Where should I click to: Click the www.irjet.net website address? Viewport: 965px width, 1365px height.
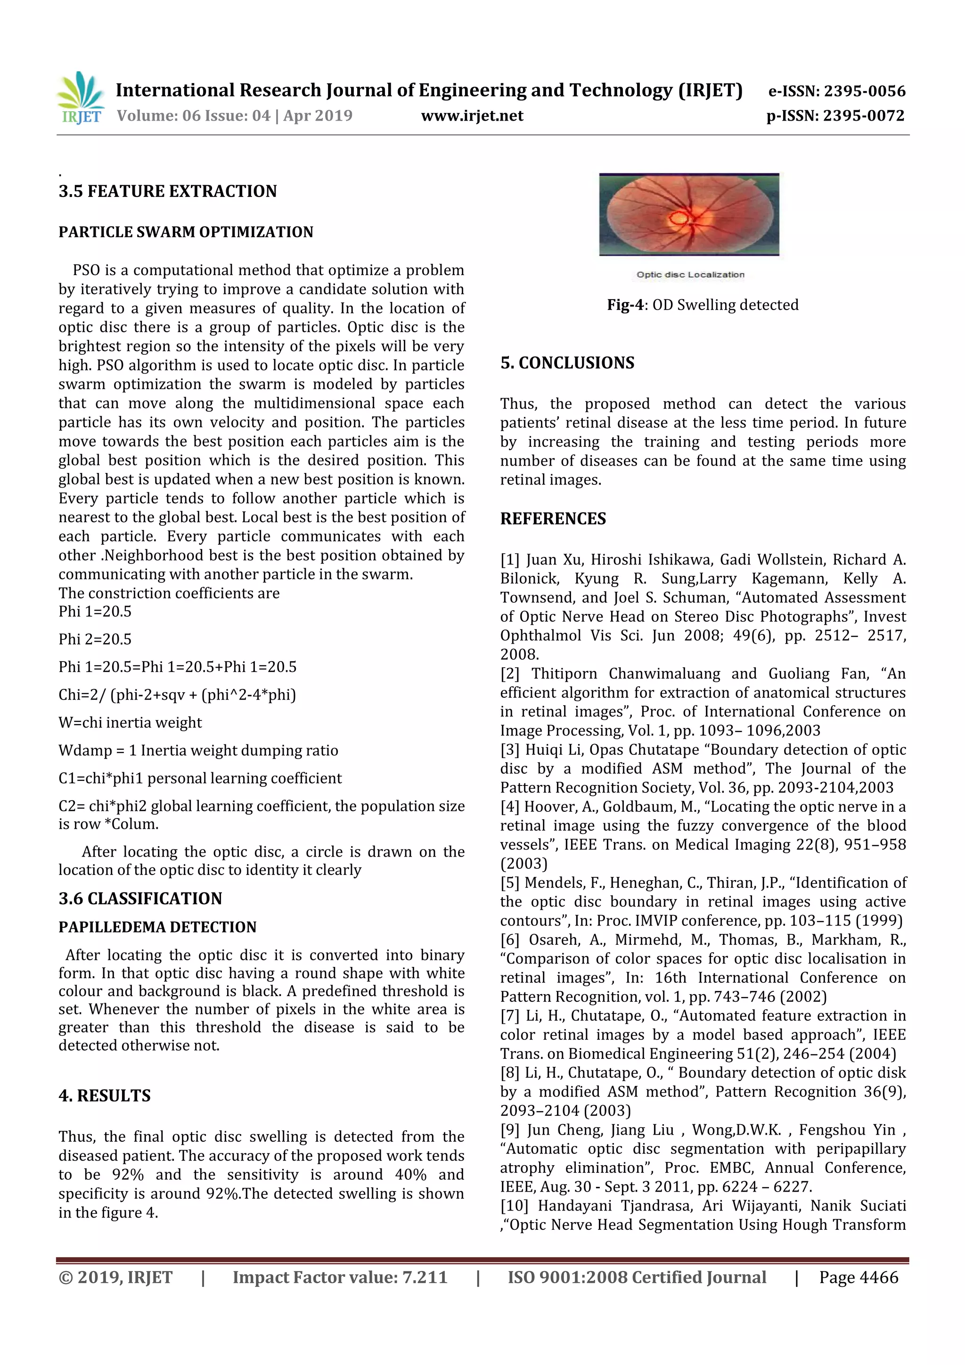[472, 116]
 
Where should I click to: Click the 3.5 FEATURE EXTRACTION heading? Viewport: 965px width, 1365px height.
[168, 191]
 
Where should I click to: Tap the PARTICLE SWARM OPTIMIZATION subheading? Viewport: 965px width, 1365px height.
[186, 232]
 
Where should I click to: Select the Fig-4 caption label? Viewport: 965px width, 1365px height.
[625, 305]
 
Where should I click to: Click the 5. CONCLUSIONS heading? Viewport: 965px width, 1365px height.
[567, 363]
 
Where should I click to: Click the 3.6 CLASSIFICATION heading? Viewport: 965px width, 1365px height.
[140, 899]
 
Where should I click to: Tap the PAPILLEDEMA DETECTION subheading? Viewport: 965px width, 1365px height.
[157, 927]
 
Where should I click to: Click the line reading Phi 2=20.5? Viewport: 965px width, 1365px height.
[95, 639]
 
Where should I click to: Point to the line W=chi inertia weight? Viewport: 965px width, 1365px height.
[130, 722]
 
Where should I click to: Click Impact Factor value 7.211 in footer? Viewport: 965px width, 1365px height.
[340, 1278]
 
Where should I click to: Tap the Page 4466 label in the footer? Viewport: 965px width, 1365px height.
[859, 1278]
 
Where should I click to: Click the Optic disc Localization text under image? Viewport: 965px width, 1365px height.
[690, 275]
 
